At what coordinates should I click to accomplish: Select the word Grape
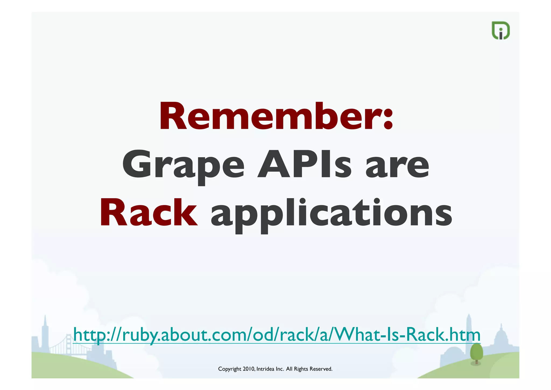tap(183, 165)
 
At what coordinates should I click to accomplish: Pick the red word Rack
tap(149, 213)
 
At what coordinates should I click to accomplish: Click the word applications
tap(331, 214)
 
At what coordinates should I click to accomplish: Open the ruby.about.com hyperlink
tap(277, 334)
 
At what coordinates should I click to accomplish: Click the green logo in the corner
tap(500, 30)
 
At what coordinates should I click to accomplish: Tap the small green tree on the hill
tap(476, 353)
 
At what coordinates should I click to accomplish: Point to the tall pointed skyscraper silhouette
tap(45, 334)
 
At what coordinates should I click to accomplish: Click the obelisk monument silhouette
tap(469, 332)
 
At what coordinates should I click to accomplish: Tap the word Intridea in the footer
tap(265, 369)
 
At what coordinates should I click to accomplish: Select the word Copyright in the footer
tap(229, 369)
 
